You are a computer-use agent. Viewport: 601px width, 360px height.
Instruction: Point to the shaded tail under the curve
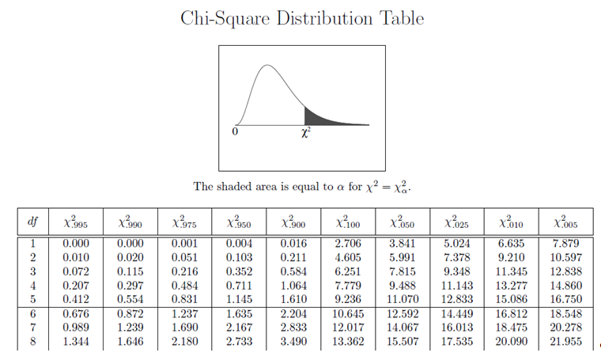(320, 116)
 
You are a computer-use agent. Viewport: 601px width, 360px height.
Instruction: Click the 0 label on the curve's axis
(235, 131)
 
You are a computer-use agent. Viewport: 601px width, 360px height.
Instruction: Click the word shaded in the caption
(237, 186)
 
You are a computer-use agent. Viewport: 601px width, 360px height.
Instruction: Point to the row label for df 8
(33, 341)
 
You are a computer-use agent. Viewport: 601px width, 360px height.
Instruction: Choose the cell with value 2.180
(185, 341)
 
